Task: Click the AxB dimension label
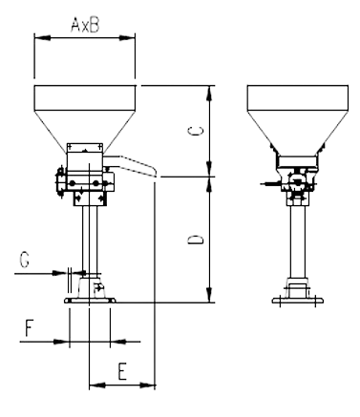pyautogui.click(x=85, y=25)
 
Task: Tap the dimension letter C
pyautogui.click(x=196, y=131)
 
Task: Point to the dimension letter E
pyautogui.click(x=122, y=371)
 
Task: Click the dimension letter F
pyautogui.click(x=30, y=328)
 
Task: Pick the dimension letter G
pyautogui.click(x=24, y=259)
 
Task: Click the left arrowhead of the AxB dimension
pyautogui.click(x=42, y=38)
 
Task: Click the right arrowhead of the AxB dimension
pyautogui.click(x=127, y=38)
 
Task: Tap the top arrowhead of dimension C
pyautogui.click(x=209, y=94)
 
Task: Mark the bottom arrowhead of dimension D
pyautogui.click(x=209, y=295)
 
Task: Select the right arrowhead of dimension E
pyautogui.click(x=147, y=386)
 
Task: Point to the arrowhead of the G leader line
pyautogui.click(x=60, y=273)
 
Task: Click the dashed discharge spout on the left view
pyautogui.click(x=131, y=165)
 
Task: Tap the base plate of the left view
pyautogui.click(x=90, y=301)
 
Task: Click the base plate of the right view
pyautogui.click(x=298, y=301)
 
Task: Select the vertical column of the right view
pyautogui.click(x=298, y=241)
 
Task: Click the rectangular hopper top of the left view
pyautogui.click(x=85, y=98)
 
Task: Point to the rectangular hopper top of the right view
pyautogui.click(x=298, y=98)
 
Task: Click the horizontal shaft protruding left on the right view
pyautogui.click(x=270, y=183)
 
